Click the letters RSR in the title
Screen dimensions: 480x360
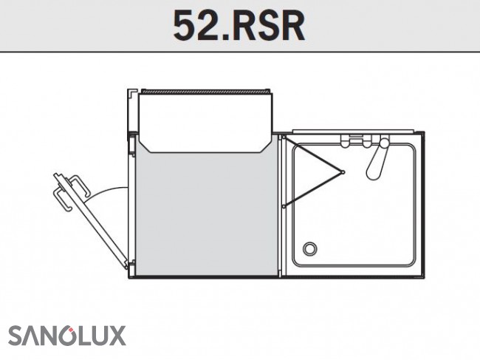[267, 26]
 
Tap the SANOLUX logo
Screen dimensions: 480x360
[67, 336]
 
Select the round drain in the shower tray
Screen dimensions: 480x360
[310, 248]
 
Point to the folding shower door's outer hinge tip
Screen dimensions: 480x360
[343, 172]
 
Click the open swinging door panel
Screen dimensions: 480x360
[91, 221]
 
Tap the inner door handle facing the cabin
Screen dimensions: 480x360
[79, 185]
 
